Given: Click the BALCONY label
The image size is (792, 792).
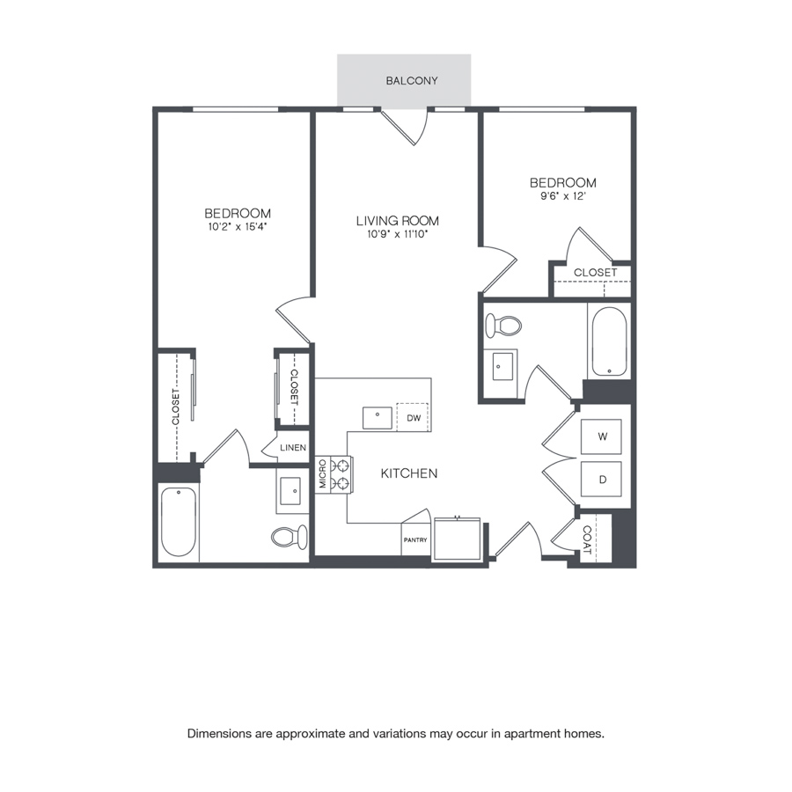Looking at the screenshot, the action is tap(412, 81).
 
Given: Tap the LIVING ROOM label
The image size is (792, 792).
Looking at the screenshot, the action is tap(398, 221).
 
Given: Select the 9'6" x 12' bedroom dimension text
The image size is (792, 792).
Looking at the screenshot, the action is tap(562, 196).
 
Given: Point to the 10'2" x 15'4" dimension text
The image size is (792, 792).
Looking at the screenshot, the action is tap(237, 227).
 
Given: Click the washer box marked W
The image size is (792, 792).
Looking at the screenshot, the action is tap(601, 436).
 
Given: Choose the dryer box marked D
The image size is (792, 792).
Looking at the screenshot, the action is tap(601, 479).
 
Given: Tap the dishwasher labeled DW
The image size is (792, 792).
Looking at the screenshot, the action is tap(413, 417).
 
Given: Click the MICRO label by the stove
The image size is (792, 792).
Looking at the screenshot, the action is tap(322, 473).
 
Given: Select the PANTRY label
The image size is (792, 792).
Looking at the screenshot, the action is tap(415, 540).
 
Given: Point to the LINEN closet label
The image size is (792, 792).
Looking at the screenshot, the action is tap(293, 448).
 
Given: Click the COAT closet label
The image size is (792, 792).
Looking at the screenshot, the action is tap(587, 539).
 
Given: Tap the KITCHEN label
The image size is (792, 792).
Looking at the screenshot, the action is tap(409, 473).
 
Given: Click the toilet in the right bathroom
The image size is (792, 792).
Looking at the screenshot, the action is tap(503, 326).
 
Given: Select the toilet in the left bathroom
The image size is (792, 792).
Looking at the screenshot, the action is tap(289, 537).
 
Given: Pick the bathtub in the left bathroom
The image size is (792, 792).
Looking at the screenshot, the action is tap(179, 522).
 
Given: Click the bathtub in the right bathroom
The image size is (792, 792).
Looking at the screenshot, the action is tap(609, 341).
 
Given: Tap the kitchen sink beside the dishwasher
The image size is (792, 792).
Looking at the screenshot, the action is tap(378, 418).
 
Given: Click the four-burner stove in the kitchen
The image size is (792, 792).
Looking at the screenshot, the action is tap(341, 474).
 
